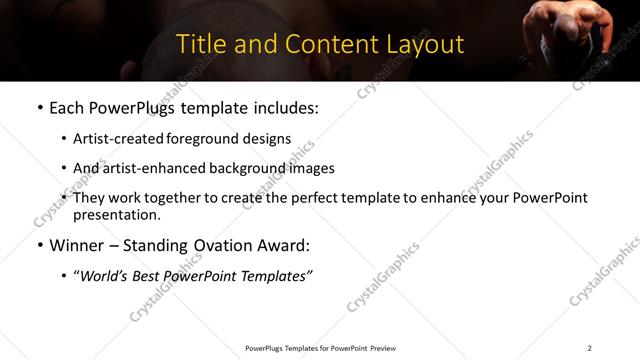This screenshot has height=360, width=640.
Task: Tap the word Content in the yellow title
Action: coord(325,44)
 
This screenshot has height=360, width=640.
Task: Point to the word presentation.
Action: coord(117,214)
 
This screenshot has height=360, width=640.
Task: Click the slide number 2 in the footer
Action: coord(589,348)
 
